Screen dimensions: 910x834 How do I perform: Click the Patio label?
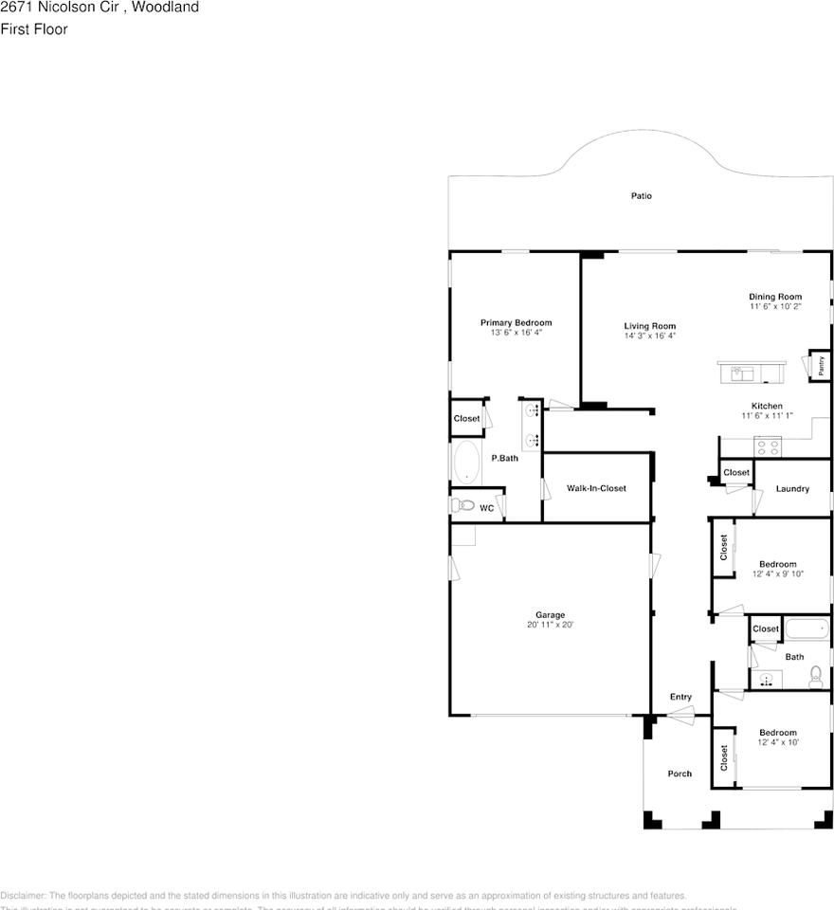[642, 196]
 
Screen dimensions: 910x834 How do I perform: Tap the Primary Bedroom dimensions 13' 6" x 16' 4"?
[516, 334]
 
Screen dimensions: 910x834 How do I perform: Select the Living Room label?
[649, 326]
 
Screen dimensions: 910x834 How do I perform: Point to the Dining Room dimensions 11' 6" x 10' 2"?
[775, 307]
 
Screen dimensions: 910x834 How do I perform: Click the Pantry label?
[820, 366]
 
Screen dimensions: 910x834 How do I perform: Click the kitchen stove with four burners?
[767, 446]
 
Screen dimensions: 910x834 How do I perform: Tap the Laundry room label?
[792, 489]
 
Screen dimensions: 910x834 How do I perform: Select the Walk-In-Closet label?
[596, 488]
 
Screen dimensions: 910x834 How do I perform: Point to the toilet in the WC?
[462, 505]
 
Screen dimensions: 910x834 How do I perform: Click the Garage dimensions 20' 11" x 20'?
[551, 626]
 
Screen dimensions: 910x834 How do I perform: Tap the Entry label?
[680, 697]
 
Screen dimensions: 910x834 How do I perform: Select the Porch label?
[680, 773]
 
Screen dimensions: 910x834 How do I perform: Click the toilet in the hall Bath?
[815, 677]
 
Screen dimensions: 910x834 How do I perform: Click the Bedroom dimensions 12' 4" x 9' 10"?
[777, 574]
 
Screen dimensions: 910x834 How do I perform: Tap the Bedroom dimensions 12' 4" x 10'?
[777, 743]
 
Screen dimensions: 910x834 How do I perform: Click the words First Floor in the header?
[34, 29]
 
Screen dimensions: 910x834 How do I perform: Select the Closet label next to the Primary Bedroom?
[466, 419]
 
